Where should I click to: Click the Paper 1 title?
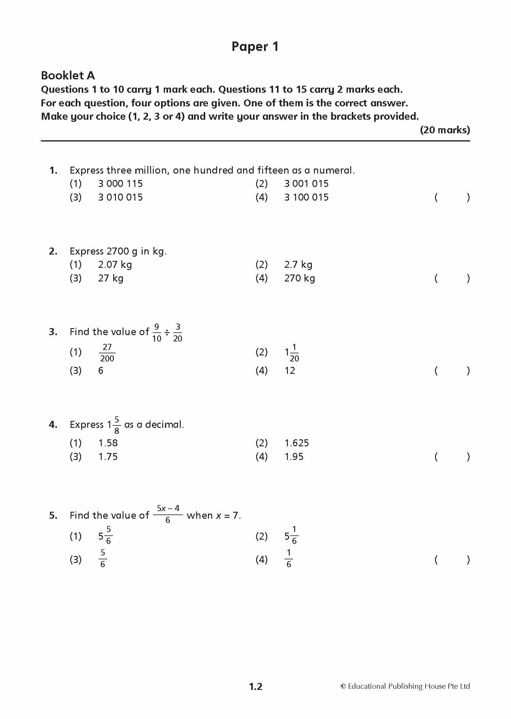coord(255,47)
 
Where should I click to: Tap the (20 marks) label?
coord(445,130)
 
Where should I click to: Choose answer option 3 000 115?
coord(120,184)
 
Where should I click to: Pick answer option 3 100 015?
coord(306,198)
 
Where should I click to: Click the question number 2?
coord(53,251)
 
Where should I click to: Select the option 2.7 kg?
coord(298,265)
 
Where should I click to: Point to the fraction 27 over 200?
coord(107,353)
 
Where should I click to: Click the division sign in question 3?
coord(167,332)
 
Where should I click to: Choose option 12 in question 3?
coord(289,371)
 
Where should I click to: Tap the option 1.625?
coord(296,443)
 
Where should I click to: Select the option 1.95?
coord(294,457)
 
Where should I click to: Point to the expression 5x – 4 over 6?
coord(168,514)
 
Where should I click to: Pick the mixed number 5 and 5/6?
coord(105,536)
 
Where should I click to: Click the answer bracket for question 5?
coord(452,559)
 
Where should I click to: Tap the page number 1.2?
coord(255,686)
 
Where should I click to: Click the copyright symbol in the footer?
coord(343,686)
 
